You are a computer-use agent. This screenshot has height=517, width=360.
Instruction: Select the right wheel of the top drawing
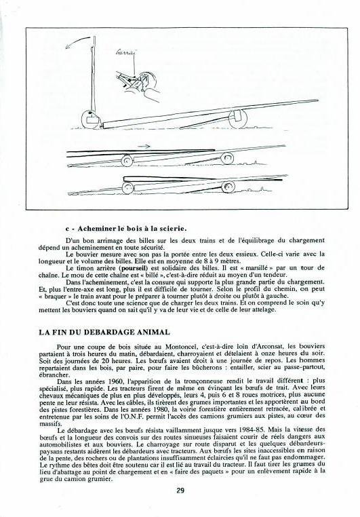(x=238, y=119)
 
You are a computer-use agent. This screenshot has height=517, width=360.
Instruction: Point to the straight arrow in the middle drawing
(x=144, y=146)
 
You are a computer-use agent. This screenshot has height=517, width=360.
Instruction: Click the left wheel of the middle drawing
(x=127, y=161)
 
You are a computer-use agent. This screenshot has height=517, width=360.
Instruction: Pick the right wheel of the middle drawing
(x=228, y=158)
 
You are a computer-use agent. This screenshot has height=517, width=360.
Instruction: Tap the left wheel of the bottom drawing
(x=127, y=188)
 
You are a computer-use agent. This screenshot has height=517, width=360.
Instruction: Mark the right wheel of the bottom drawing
(x=228, y=187)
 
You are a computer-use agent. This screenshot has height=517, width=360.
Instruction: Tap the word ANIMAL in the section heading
(x=155, y=332)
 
